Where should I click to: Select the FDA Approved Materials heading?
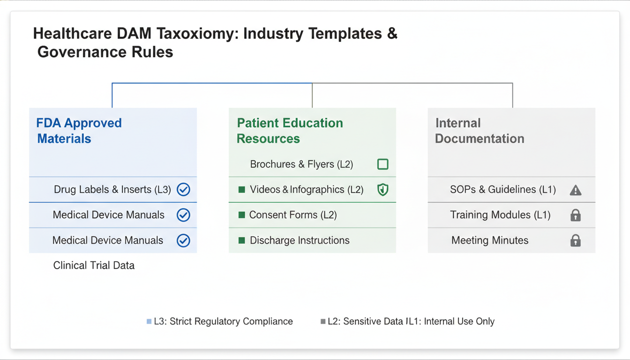tap(79, 131)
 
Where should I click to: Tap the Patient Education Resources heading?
tap(290, 131)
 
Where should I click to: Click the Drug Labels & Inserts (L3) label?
tap(112, 190)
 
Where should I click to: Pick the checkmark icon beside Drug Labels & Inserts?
tap(183, 190)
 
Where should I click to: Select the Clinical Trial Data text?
tap(94, 265)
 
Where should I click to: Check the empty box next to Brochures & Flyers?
tap(382, 164)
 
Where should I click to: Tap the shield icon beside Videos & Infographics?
tap(382, 190)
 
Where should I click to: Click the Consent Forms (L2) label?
tap(293, 215)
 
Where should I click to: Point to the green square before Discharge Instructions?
tap(242, 240)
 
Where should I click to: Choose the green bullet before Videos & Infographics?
tap(242, 190)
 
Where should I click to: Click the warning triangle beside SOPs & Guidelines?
tap(575, 190)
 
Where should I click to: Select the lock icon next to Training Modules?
tap(575, 215)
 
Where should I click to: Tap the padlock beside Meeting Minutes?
tap(575, 240)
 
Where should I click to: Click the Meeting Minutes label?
tap(490, 240)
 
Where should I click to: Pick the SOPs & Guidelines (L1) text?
tap(503, 190)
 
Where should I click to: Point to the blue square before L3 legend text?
tap(149, 322)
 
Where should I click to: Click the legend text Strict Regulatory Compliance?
tap(231, 322)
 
